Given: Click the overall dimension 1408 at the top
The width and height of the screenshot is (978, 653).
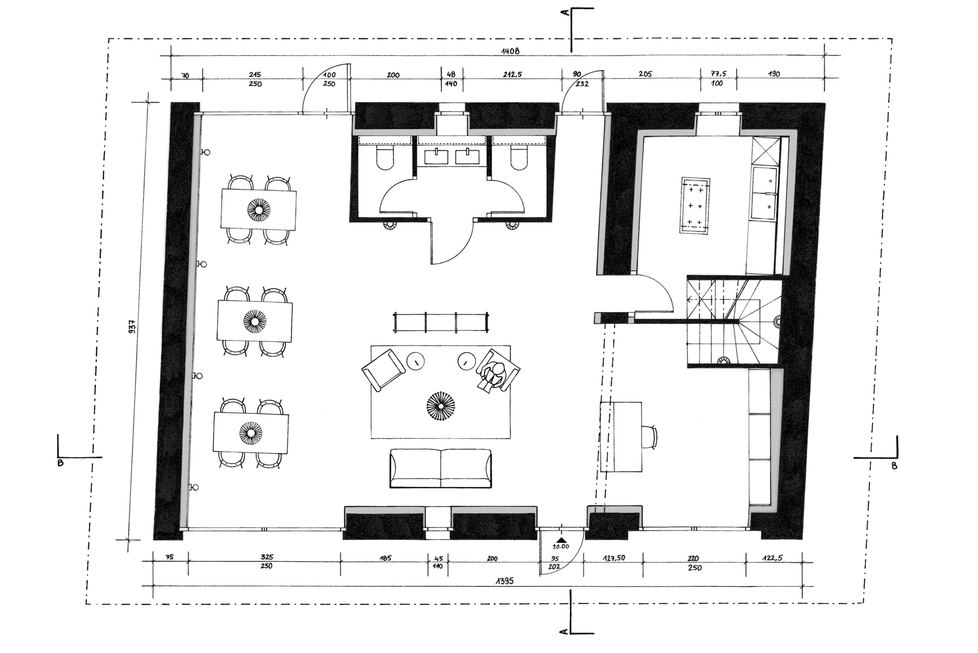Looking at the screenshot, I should click(510, 51).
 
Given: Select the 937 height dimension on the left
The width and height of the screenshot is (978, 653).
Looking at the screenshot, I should click(132, 328).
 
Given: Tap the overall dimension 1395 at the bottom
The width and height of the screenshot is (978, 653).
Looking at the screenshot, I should click(504, 581).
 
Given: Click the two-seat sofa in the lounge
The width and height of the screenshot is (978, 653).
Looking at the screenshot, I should click(441, 468).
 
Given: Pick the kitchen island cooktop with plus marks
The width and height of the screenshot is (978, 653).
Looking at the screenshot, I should click(695, 206).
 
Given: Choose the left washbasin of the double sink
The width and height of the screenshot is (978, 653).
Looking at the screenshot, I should click(436, 157).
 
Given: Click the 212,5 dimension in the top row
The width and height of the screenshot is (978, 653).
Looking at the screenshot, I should click(512, 75).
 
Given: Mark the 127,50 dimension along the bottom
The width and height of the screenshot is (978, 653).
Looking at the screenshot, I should click(614, 558).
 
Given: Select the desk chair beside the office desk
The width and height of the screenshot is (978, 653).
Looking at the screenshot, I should click(650, 437).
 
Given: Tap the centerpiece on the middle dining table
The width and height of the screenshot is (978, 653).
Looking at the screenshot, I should click(255, 322).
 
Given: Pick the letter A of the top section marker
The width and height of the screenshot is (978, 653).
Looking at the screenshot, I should click(564, 13).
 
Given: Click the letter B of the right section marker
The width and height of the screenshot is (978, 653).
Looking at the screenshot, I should click(894, 466).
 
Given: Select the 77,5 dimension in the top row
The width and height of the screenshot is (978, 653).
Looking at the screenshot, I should click(718, 74).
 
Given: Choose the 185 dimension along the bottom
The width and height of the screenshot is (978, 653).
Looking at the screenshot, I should click(385, 558).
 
